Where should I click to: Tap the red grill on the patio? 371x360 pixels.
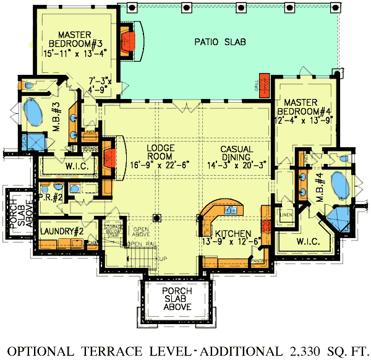tap(265, 86)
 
